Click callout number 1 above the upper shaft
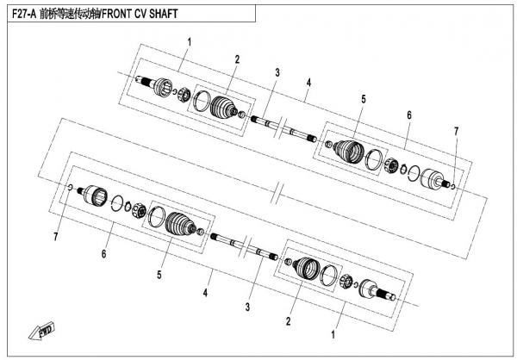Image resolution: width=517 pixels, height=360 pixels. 189,40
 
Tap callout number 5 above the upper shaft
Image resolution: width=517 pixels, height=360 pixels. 364,99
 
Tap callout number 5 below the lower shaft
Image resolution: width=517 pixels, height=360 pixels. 159,276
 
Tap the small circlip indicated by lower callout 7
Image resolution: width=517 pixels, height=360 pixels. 70,185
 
